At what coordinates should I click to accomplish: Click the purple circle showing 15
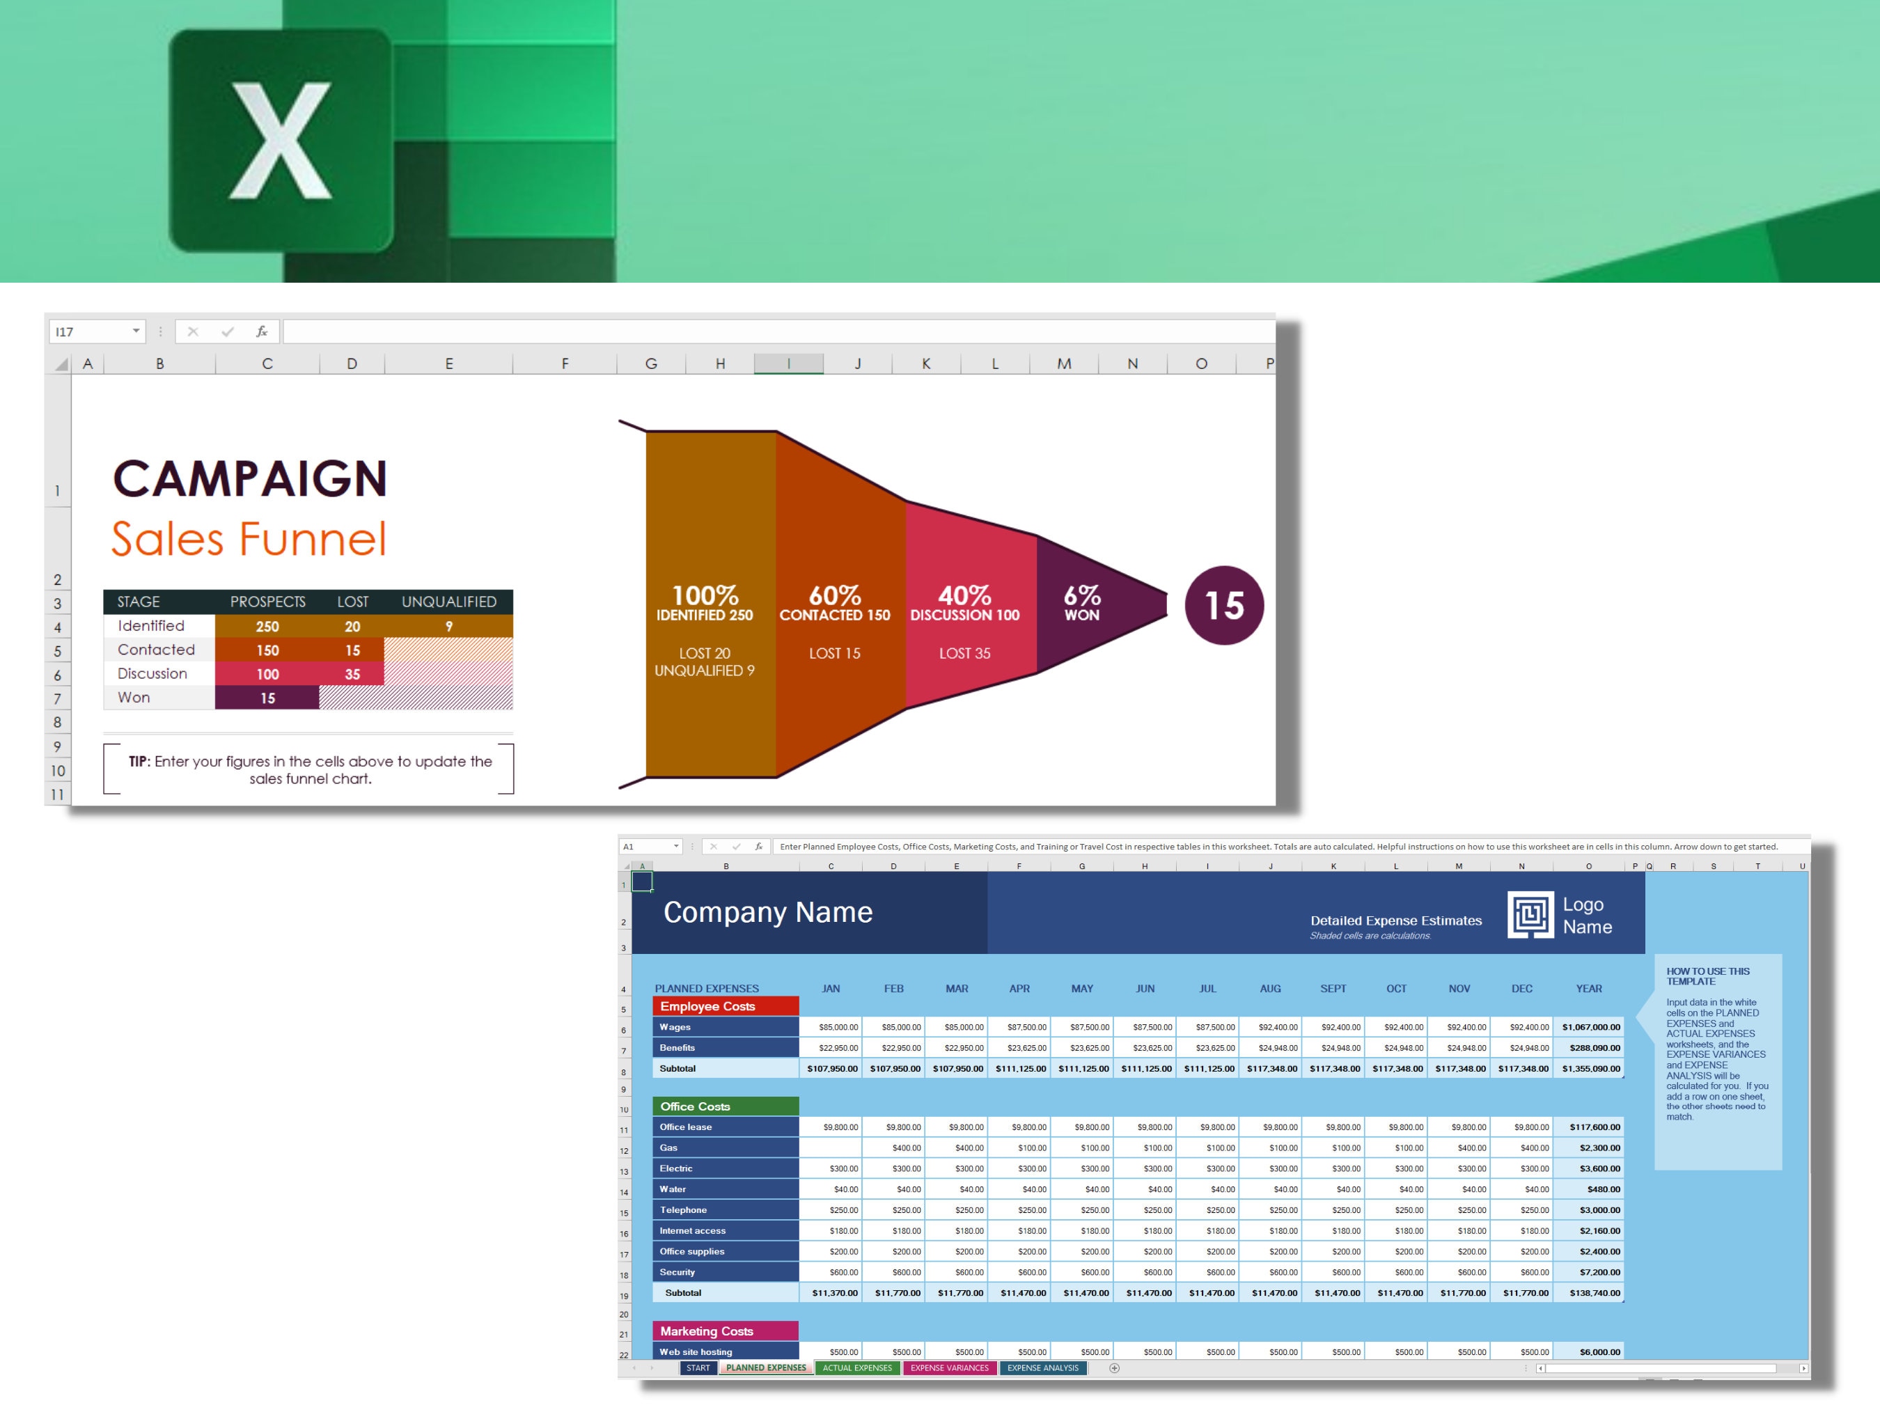pos(1224,605)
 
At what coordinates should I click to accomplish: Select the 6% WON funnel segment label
pos(1082,602)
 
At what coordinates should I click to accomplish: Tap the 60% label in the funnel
pos(835,595)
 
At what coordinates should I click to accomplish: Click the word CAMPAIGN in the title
pos(250,478)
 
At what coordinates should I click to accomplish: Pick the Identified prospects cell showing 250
pos(267,627)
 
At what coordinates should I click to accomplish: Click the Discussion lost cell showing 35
pos(352,674)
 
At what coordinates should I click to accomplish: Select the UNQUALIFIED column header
pos(448,602)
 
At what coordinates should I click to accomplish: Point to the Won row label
pos(134,698)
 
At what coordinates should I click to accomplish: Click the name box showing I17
pos(89,331)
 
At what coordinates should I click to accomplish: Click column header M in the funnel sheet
pos(1064,363)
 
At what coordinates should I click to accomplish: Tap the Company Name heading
pos(767,912)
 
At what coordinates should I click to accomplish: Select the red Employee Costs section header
pos(725,1006)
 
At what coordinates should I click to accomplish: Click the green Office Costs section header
pos(725,1106)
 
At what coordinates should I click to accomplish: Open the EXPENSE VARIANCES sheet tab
pos(949,1368)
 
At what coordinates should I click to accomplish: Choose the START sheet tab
pos(698,1368)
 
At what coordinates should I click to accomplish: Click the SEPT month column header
pos(1333,989)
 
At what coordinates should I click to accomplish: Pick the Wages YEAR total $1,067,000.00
pos(1590,1028)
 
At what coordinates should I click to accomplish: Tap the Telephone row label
pos(683,1210)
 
